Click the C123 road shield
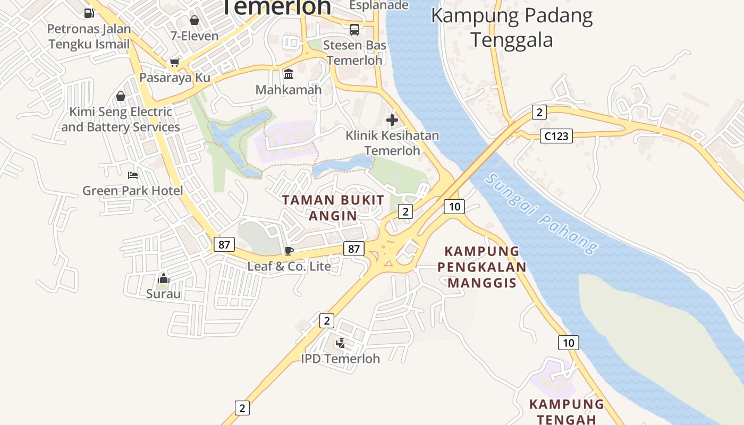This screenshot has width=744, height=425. coord(556,136)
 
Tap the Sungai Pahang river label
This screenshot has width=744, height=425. coord(542,214)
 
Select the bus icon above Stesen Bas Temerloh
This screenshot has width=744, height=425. coord(354,30)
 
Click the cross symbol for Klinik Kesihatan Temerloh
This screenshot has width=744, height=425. coord(392,120)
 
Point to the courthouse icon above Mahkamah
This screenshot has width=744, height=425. coord(289,74)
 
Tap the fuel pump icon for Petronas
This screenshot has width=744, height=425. coord(89,13)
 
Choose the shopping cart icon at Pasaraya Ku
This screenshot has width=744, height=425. coord(174,63)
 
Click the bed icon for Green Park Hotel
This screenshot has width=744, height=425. coord(133,175)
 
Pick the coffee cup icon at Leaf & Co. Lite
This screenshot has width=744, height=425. coord(289,250)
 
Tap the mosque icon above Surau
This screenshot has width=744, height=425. coord(163,278)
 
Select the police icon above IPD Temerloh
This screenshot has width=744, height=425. coord(340,343)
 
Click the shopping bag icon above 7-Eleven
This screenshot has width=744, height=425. coord(195,20)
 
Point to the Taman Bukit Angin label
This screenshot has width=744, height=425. coord(333,208)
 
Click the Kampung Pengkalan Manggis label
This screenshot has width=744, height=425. coord(482,267)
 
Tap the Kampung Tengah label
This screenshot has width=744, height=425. coord(567,412)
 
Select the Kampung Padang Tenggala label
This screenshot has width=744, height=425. coord(512,28)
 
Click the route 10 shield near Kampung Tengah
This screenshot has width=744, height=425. coord(568,343)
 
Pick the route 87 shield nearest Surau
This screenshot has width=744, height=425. coord(224,244)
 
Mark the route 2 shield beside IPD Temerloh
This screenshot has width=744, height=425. coord(327,321)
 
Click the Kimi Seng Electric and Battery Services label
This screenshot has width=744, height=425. coord(121,120)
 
